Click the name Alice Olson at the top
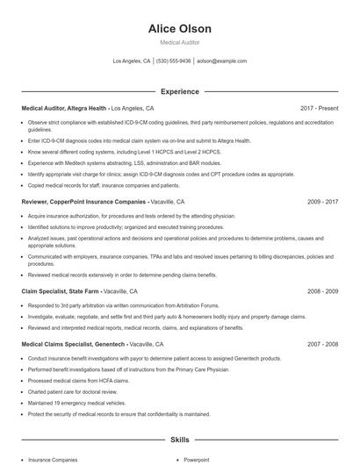[179, 29]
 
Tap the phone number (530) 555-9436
[174, 61]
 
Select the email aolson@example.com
[221, 61]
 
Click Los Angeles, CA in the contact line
[132, 61]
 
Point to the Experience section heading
[179, 91]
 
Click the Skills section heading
[179, 439]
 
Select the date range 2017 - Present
[319, 108]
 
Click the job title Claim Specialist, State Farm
[60, 290]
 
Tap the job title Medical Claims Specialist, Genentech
[74, 345]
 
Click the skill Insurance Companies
[52, 459]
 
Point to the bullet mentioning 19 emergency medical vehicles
[87, 403]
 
